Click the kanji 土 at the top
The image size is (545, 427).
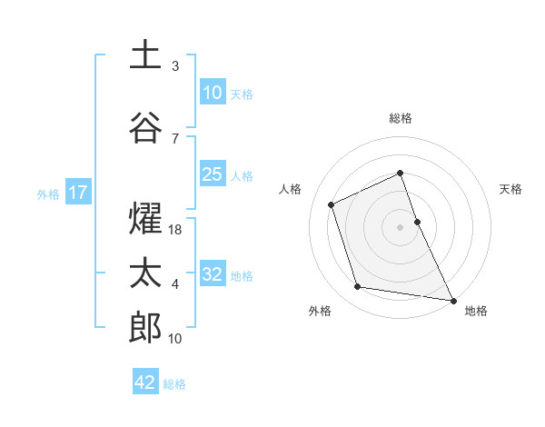145,55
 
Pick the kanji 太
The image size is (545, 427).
145,273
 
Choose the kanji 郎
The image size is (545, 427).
145,327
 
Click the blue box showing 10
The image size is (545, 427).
212,92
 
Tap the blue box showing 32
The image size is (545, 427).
212,274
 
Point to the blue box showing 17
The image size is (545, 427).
77,193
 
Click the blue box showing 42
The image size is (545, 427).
145,382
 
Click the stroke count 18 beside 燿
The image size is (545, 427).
176,231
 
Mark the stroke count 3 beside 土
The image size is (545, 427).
175,66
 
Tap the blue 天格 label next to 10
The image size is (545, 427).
242,94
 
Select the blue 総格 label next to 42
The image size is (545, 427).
174,384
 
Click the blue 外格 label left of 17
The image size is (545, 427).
48,194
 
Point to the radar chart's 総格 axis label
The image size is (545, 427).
401,118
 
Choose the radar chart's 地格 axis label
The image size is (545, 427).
476,311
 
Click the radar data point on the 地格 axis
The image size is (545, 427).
452,299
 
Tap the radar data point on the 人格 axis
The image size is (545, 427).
332,204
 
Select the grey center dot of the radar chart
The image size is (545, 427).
400,226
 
